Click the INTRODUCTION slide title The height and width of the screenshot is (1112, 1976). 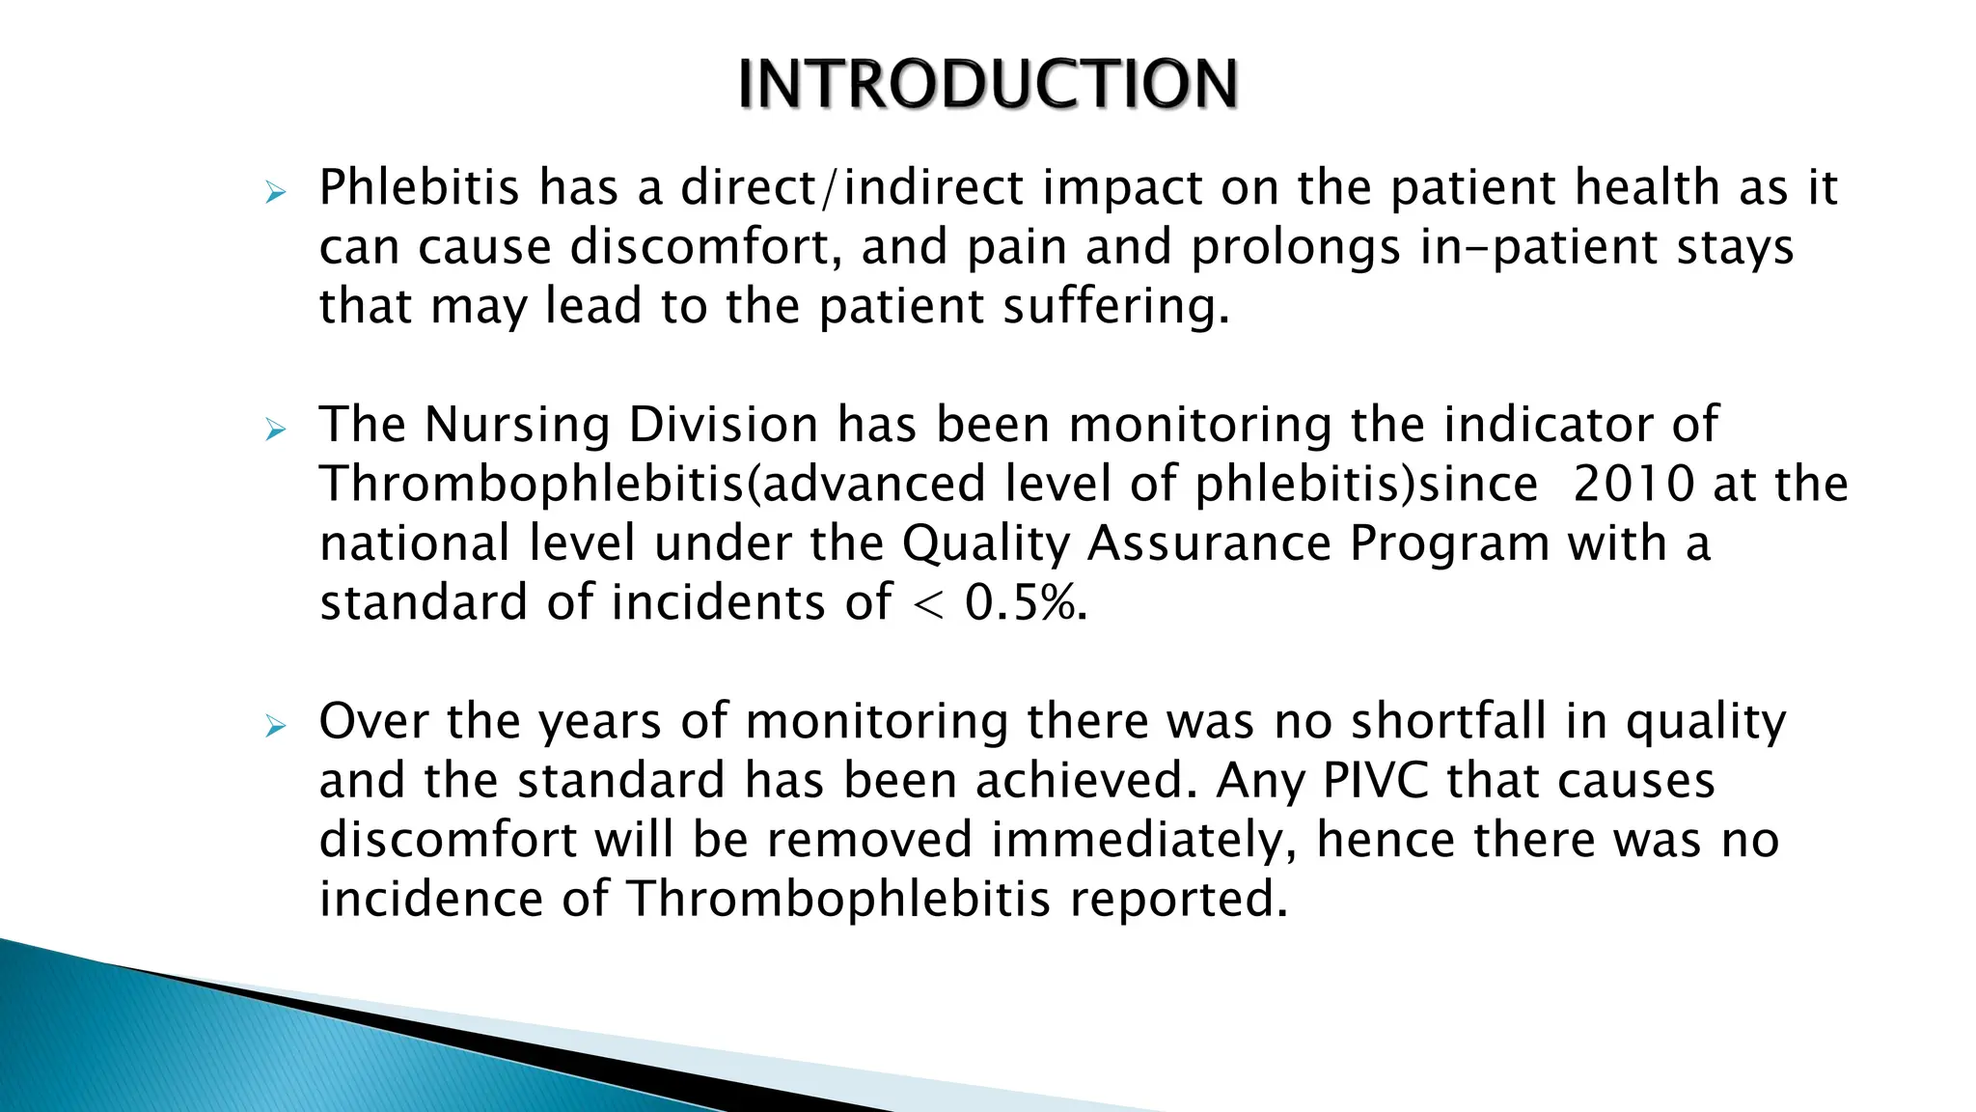pos(987,84)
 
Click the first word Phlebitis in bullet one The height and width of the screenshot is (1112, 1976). pos(419,188)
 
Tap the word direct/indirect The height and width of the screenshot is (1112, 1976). pos(851,188)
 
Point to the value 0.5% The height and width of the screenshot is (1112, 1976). pos(1026,603)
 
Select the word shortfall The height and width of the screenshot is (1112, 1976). pos(1447,722)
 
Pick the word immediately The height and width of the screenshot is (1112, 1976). pos(1144,841)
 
